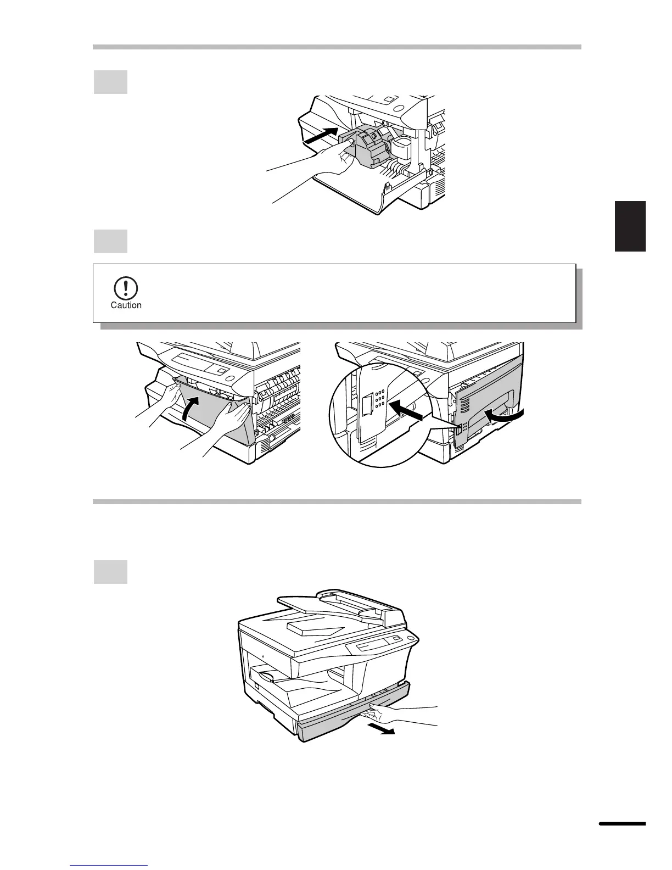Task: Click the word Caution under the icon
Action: click(x=126, y=305)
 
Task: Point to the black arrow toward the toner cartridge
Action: click(x=321, y=136)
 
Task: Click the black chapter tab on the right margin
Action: click(x=630, y=226)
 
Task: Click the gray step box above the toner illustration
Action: click(x=110, y=82)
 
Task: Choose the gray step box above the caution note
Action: click(x=110, y=241)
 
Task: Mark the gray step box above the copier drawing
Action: click(x=110, y=572)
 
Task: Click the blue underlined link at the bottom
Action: click(x=109, y=866)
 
